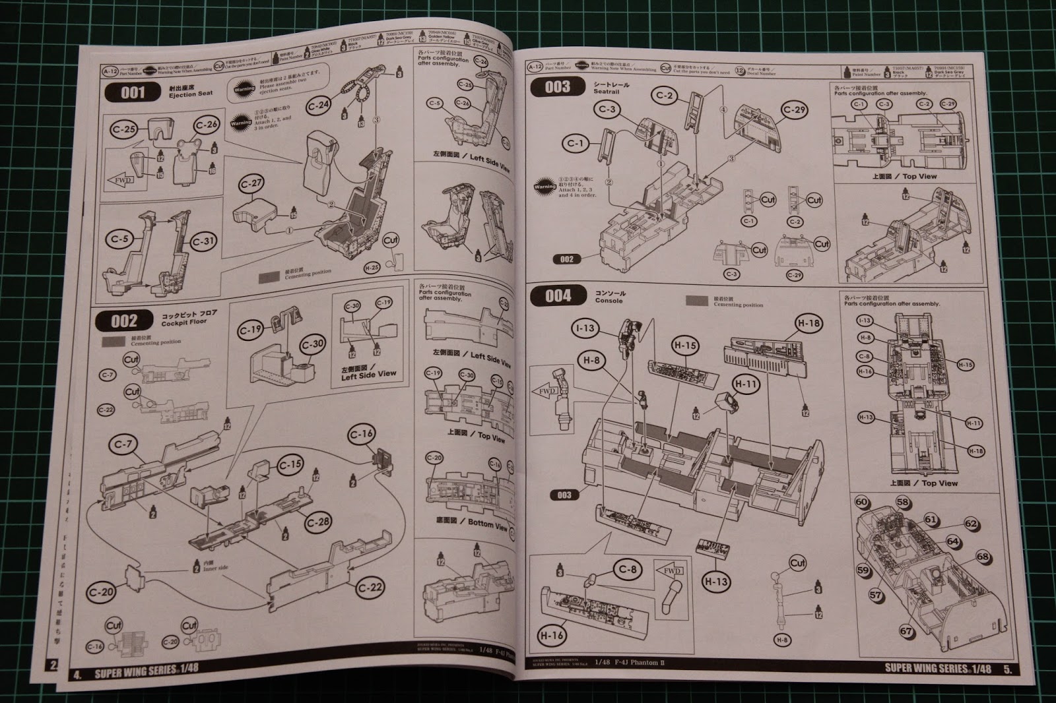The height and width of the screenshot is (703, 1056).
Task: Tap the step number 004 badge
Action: click(x=558, y=296)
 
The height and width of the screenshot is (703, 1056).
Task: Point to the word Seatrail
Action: click(x=606, y=92)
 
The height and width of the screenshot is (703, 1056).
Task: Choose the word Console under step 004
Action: click(x=609, y=301)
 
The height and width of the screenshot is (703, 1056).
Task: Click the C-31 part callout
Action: click(x=204, y=241)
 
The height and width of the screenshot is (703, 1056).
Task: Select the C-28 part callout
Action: click(x=318, y=522)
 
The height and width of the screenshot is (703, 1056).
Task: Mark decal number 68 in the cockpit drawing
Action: click(x=983, y=557)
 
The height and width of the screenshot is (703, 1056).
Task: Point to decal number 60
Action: click(x=861, y=502)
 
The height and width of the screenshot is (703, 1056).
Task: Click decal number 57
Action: click(x=875, y=595)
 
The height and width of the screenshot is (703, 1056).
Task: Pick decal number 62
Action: click(x=971, y=524)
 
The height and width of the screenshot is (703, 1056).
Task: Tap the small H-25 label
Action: click(x=372, y=268)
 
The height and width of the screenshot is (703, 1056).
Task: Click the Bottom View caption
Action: click(x=488, y=524)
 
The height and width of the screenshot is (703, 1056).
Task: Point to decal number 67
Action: click(x=906, y=631)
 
